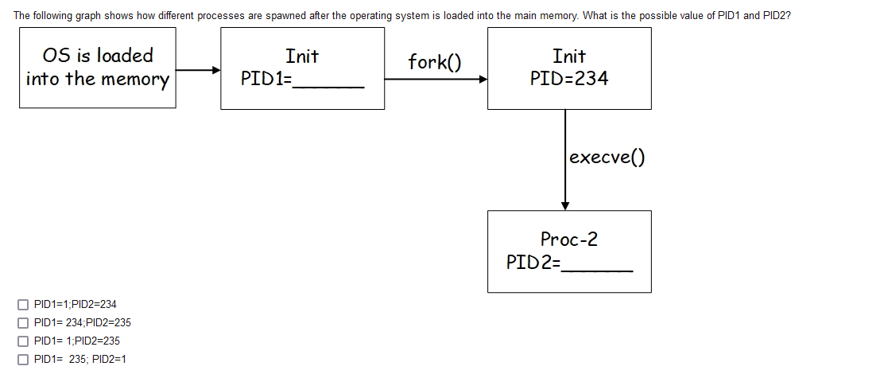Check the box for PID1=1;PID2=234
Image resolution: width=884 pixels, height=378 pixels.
[22, 304]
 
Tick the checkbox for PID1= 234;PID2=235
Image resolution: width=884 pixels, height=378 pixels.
[22, 322]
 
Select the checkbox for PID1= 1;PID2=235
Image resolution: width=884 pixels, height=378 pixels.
[22, 341]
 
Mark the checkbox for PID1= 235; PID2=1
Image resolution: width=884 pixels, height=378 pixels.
[22, 359]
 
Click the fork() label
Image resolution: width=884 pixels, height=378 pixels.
[435, 62]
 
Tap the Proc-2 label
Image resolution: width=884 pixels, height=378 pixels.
[569, 239]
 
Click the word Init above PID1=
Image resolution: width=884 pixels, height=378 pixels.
[302, 57]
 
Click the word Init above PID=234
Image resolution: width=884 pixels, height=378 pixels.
[569, 57]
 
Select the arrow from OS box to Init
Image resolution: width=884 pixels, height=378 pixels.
[198, 70]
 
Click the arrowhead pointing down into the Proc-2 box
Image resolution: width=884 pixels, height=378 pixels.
[565, 205]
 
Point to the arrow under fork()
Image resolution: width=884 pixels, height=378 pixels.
[435, 79]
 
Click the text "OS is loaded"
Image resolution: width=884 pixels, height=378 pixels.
[98, 56]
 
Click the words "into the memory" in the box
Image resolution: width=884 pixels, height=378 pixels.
[98, 79]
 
